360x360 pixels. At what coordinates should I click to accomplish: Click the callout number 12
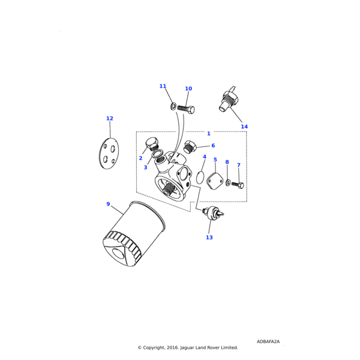pyautogui.click(x=109, y=119)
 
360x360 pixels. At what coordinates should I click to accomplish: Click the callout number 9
pyautogui.click(x=108, y=204)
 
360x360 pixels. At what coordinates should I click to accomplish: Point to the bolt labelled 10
pyautogui.click(x=187, y=109)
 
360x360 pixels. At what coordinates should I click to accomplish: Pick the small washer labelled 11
pyautogui.click(x=173, y=107)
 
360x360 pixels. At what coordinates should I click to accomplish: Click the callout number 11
pyautogui.click(x=163, y=86)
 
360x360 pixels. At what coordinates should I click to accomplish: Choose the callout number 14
pyautogui.click(x=244, y=127)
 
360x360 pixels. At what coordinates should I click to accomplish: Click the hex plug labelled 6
pyautogui.click(x=190, y=146)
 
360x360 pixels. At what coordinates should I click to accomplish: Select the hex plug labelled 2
pyautogui.click(x=151, y=144)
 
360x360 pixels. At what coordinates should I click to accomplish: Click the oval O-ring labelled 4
pyautogui.click(x=200, y=178)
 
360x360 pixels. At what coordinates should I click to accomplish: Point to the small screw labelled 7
pyautogui.click(x=238, y=185)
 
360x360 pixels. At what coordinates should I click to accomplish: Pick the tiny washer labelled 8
pyautogui.click(x=228, y=183)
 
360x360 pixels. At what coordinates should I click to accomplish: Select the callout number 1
pyautogui.click(x=209, y=134)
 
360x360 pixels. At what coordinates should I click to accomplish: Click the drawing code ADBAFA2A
pyautogui.click(x=268, y=341)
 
